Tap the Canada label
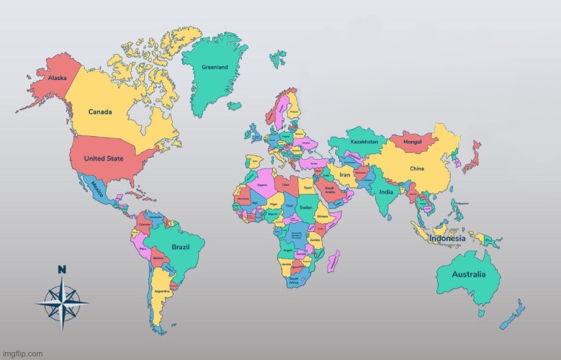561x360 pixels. pos(99,112)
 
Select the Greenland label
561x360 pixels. pos(214,67)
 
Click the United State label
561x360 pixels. pos(104,158)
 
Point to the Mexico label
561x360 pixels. pos(99,188)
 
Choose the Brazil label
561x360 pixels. pos(180,247)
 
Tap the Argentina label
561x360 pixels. pos(161,291)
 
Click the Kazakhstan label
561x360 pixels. pos(364,141)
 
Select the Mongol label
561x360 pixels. pos(413,142)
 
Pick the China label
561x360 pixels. pos(417,168)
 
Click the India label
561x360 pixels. pos(387,192)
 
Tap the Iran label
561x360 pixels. pos(345,175)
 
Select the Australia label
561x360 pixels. pos(468,274)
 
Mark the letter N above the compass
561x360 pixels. pos(62,271)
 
